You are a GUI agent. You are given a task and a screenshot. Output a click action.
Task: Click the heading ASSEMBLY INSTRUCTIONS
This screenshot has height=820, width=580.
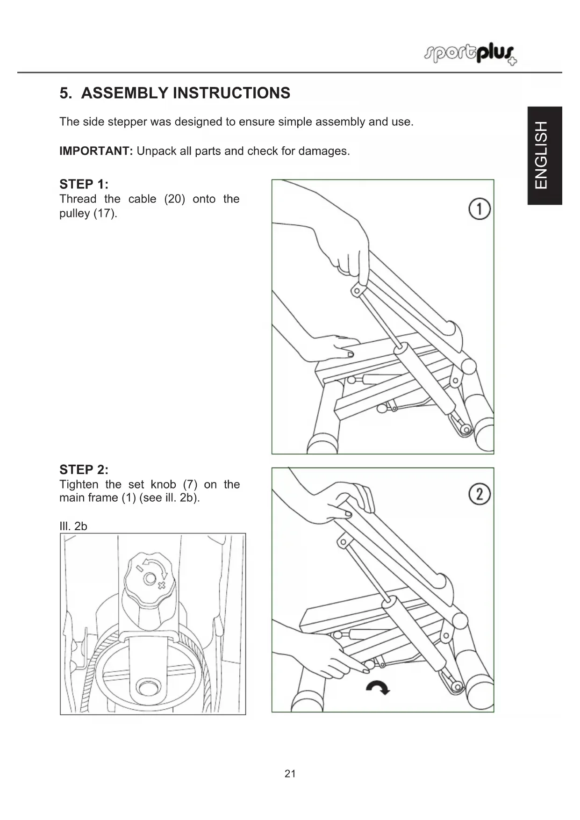point(186,93)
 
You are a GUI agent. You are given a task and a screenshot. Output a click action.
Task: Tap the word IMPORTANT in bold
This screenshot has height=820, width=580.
point(96,151)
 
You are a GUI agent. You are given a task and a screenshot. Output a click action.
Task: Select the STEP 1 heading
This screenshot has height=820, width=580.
point(84,184)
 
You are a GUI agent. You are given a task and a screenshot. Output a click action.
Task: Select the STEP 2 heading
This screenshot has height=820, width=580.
point(84,469)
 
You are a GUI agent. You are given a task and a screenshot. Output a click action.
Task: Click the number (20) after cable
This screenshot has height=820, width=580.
point(174,199)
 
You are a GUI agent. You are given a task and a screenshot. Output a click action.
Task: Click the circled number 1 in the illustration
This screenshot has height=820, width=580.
point(480,209)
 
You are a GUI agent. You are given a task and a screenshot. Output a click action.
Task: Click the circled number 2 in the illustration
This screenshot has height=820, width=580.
point(480,494)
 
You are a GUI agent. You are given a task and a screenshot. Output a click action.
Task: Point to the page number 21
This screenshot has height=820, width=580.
point(290,774)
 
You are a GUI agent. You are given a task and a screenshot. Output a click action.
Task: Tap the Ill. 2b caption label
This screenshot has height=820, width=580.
point(73,526)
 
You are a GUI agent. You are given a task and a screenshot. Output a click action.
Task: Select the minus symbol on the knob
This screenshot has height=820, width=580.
point(139,568)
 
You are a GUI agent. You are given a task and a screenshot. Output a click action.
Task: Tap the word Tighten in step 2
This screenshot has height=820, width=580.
point(79,484)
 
